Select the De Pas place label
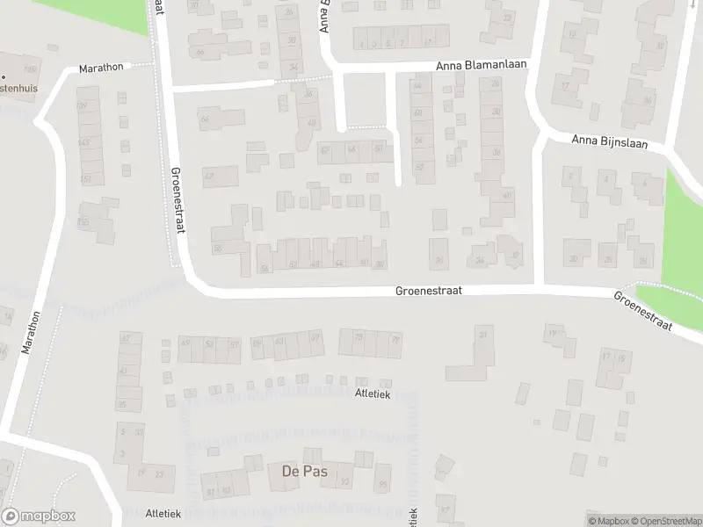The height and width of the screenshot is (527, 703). click(304, 472)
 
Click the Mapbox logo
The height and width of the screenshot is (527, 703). click(39, 516)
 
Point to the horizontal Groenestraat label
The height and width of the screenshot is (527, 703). click(428, 289)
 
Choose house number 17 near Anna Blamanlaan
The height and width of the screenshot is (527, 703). click(566, 85)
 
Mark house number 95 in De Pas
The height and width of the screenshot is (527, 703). click(383, 483)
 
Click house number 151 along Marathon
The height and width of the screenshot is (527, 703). click(86, 179)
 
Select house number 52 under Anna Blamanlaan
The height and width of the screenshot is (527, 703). click(419, 167)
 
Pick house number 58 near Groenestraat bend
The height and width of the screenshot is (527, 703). click(217, 249)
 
